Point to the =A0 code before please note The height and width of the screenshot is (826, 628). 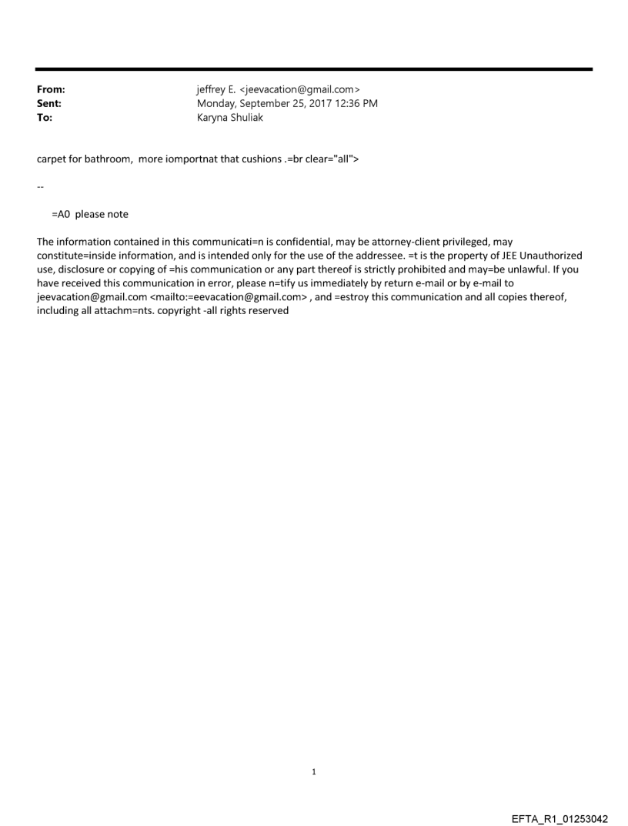click(x=61, y=214)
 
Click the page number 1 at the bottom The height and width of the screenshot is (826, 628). click(x=314, y=771)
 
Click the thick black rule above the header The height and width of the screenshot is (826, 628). click(x=314, y=69)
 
